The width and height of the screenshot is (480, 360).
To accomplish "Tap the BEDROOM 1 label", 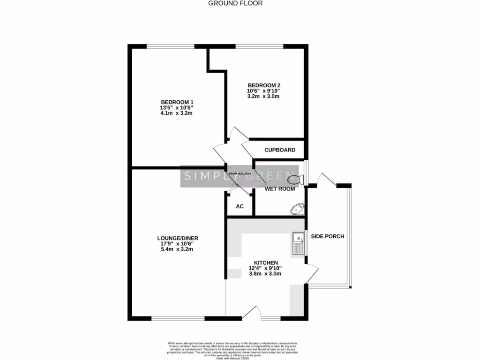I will tap(177, 102).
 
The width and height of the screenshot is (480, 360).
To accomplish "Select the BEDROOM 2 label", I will tap(263, 85).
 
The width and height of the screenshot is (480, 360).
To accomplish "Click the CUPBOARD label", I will tap(280, 150).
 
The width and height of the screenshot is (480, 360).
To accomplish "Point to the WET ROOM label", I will tap(280, 189).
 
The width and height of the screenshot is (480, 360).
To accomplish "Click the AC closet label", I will tap(240, 206).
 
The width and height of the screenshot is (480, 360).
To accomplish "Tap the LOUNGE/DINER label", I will tap(177, 238).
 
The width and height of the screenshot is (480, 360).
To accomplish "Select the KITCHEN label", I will tap(266, 262).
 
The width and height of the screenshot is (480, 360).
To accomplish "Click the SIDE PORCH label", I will tap(328, 236).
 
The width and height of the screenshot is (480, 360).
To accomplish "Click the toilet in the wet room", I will tap(298, 178).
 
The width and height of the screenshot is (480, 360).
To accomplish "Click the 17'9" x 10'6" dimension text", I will tap(177, 244).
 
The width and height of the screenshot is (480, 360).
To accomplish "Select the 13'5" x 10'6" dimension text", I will tap(177, 107).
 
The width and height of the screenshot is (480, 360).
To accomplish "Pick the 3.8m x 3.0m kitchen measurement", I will tap(265, 274).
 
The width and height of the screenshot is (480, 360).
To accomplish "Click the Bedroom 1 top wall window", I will tap(170, 46).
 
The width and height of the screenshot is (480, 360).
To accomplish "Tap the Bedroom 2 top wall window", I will tap(259, 46).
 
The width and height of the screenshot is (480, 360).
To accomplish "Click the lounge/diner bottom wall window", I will tap(178, 319).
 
